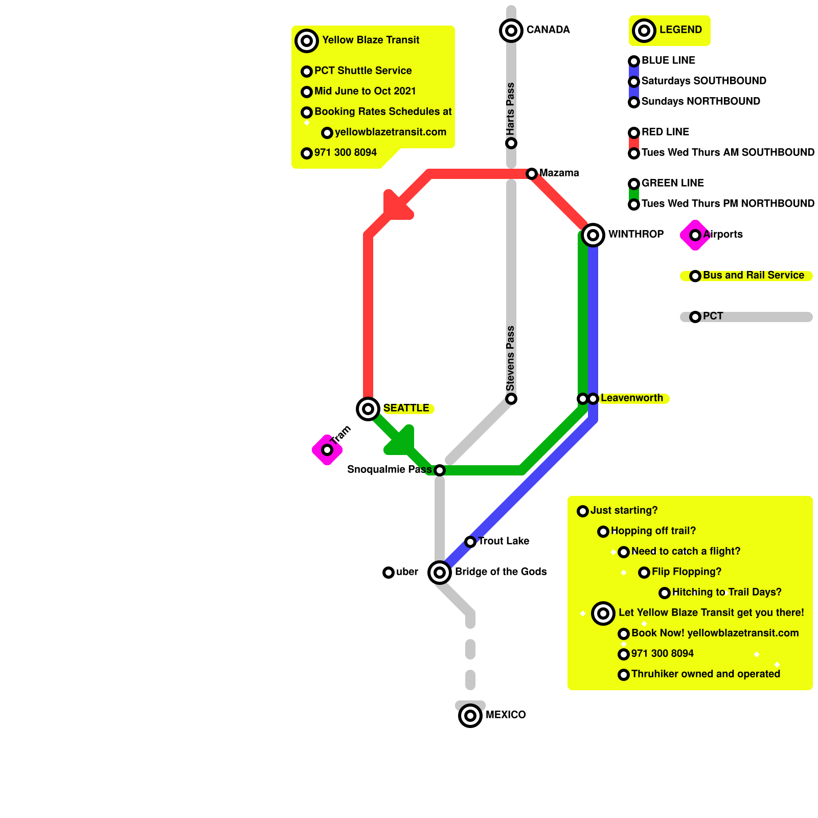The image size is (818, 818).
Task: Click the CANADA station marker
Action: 511,31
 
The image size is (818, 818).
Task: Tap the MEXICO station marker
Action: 470,716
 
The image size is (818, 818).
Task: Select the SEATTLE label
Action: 406,408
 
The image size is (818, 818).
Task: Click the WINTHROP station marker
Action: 593,235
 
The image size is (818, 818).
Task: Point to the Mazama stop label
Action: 559,173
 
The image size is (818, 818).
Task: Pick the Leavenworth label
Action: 631,398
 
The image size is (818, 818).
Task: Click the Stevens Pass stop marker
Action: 511,399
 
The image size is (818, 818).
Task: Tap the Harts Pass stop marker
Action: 511,143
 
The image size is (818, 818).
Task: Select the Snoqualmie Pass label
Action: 389,469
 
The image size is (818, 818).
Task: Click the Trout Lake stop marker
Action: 470,542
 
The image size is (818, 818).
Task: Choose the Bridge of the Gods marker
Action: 440,573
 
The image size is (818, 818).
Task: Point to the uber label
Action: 407,572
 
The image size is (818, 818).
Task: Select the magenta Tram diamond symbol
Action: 327,450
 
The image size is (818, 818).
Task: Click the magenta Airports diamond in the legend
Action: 695,235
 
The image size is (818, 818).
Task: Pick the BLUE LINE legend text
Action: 668,60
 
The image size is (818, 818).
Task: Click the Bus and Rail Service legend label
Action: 753,275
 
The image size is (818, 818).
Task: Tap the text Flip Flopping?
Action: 686,572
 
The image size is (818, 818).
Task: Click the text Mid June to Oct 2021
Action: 365,91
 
